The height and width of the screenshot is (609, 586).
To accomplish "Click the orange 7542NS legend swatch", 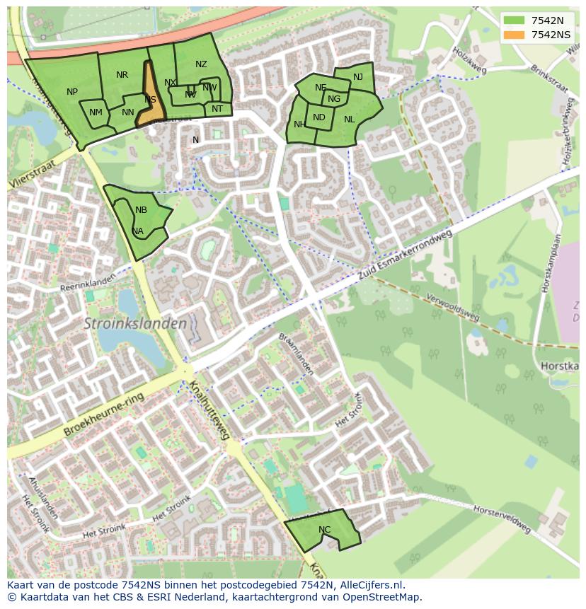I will click(515, 35).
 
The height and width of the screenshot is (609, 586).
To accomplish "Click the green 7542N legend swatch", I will click(515, 21).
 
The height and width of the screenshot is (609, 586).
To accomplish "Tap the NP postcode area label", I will click(72, 92).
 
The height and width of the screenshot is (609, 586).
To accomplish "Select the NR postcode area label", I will click(122, 75).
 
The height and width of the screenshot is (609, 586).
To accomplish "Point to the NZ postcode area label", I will click(201, 64).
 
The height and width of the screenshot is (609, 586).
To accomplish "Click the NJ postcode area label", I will click(357, 77).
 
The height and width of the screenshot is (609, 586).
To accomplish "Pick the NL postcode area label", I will click(349, 120).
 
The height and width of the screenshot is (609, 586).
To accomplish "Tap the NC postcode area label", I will click(324, 530).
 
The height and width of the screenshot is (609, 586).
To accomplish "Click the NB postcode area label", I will click(141, 210).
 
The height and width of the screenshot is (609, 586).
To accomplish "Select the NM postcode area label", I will click(96, 112).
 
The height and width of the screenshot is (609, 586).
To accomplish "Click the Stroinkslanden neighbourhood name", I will click(135, 324).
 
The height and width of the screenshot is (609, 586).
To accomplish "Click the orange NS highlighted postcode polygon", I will click(151, 99).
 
